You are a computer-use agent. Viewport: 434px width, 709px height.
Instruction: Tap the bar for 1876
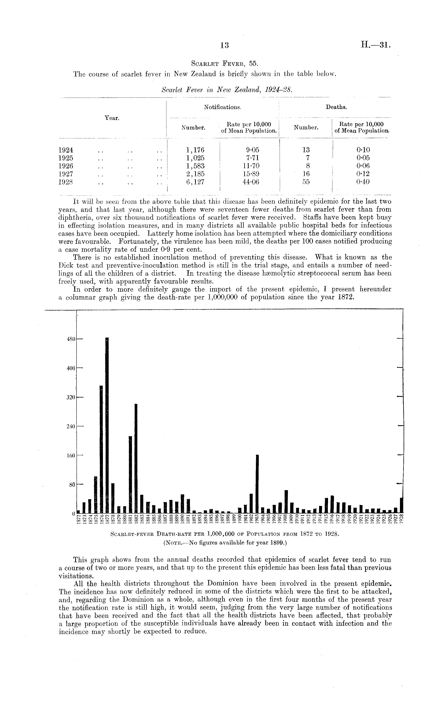tap(101, 449)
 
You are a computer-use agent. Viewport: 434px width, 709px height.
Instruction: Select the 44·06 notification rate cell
tap(251, 182)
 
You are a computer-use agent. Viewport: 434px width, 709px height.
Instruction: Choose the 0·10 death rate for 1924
tap(363, 150)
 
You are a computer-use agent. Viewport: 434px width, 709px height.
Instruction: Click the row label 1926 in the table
tap(66, 166)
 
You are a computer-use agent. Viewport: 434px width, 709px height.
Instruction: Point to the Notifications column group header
tap(222, 107)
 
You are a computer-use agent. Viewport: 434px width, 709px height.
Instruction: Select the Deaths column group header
tap(336, 107)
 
